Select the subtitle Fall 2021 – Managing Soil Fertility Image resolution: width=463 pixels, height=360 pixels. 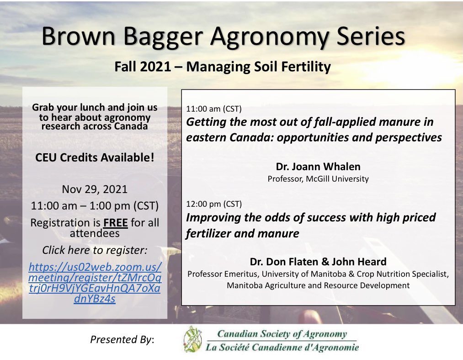222,67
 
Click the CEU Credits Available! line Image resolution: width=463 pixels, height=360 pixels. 95,158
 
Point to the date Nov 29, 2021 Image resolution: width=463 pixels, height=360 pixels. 95,189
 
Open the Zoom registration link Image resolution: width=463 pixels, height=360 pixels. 95,283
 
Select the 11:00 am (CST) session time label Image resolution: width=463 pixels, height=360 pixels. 213,109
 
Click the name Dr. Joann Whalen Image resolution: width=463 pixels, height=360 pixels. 318,167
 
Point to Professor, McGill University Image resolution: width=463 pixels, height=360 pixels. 318,179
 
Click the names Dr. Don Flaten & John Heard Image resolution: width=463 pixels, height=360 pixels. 318,262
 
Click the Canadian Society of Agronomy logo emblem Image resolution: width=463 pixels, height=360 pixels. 192,339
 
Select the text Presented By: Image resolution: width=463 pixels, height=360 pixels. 122,339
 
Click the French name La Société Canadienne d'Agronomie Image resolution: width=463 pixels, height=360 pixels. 282,347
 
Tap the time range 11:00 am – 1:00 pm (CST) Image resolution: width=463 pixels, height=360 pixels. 95,206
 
